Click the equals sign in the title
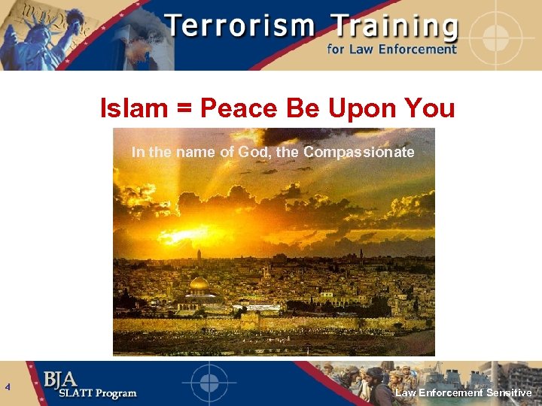coord(183,110)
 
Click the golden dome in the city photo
coord(199,284)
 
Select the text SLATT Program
coord(90,393)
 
